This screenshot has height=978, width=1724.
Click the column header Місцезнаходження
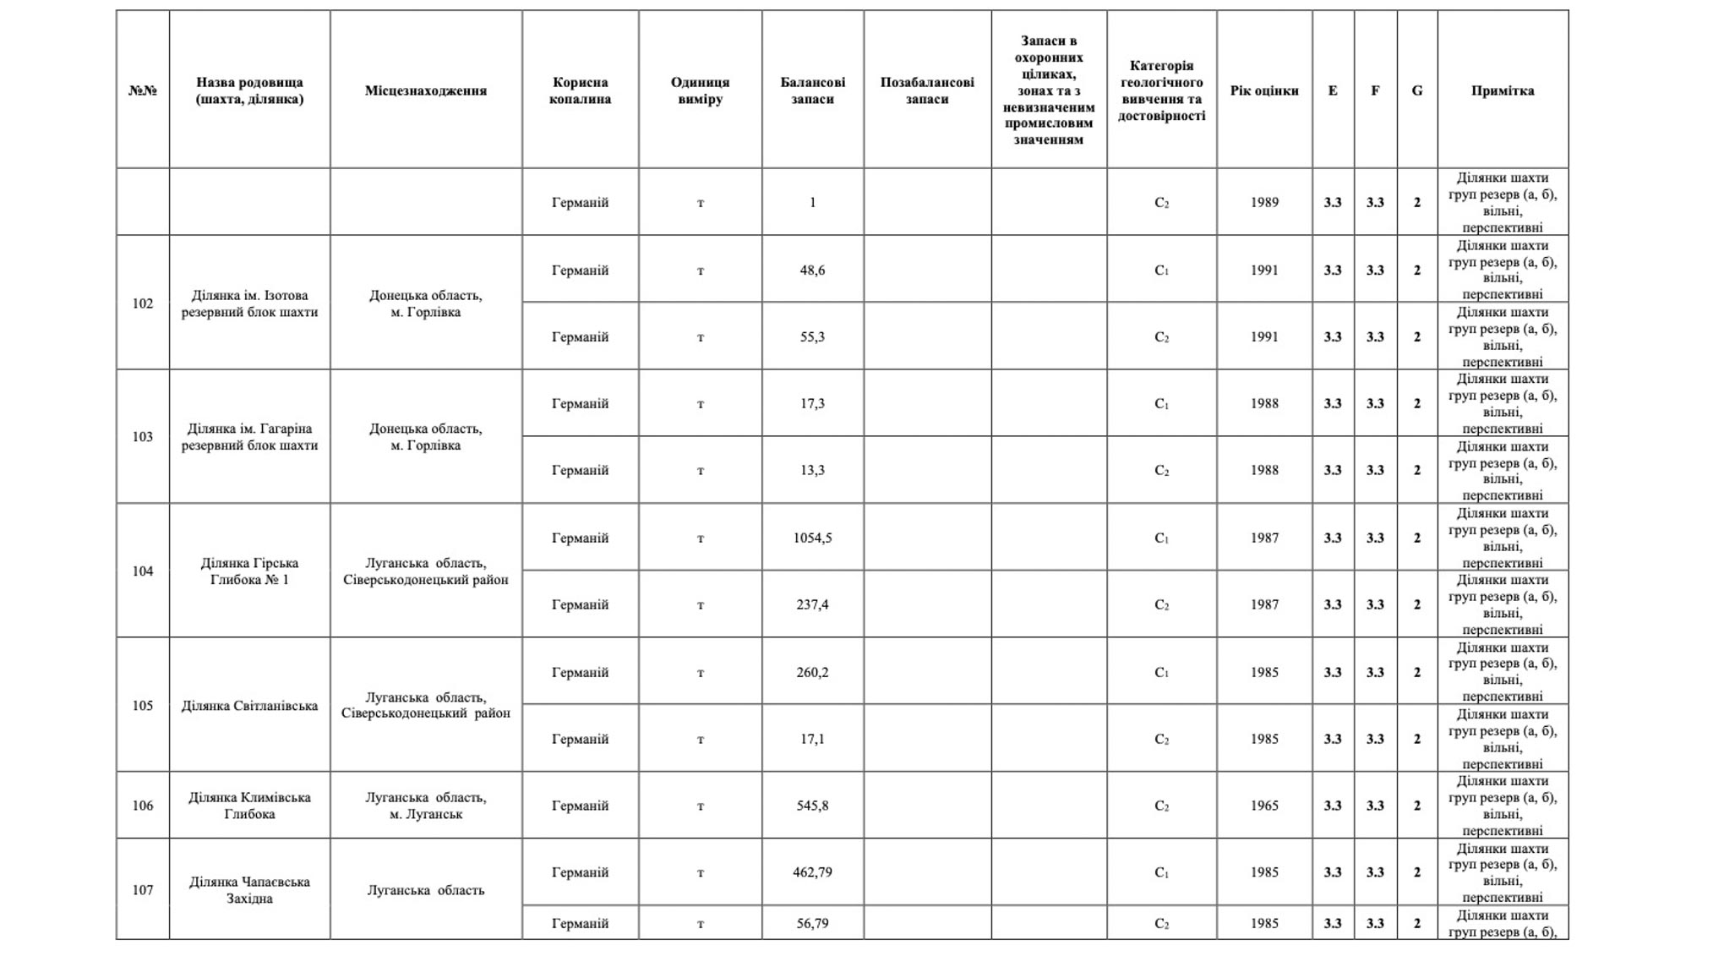(x=425, y=90)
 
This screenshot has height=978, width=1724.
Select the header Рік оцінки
(x=1263, y=90)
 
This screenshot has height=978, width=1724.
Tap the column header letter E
(x=1332, y=90)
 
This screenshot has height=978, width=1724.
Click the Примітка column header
(x=1502, y=90)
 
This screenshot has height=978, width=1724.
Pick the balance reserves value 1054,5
(x=811, y=538)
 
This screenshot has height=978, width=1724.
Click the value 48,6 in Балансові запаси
(x=811, y=270)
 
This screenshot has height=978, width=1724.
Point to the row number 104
(x=142, y=571)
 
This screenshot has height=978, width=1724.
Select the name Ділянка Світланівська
(x=249, y=706)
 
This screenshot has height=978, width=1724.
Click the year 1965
(x=1263, y=806)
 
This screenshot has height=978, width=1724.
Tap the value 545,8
(x=811, y=806)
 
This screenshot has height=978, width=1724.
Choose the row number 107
(x=142, y=890)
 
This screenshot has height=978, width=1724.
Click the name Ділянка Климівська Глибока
(x=249, y=806)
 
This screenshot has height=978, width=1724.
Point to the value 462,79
(x=811, y=872)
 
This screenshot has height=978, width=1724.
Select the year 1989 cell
(x=1263, y=203)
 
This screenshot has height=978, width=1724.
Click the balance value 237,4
(x=811, y=604)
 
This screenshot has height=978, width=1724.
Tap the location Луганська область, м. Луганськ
(x=425, y=806)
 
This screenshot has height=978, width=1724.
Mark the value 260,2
(x=811, y=672)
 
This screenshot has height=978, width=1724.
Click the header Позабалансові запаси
(x=926, y=90)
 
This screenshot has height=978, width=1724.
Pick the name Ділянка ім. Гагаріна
(x=249, y=437)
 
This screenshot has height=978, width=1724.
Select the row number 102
(x=142, y=303)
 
